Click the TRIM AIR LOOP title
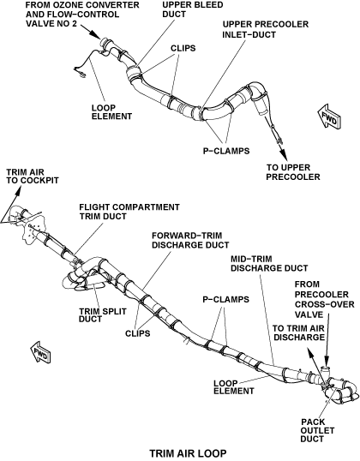pos(189,453)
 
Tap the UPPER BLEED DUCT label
pos(193,9)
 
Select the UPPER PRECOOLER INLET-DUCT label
pos(266,29)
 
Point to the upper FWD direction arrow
pos(329,116)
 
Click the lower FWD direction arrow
pos(41,352)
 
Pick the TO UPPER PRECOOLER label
pos(293,172)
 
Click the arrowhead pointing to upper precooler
pos(282,153)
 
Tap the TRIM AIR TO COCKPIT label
pos(33,177)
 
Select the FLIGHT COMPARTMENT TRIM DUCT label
pos(129,212)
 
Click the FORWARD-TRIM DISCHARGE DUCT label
pos(190,240)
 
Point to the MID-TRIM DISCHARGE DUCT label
pos(269,264)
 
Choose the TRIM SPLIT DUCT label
pos(103,314)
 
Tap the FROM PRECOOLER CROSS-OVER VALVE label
pos(324,300)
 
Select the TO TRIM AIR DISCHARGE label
pos(298,332)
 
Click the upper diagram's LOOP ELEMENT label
pos(111,112)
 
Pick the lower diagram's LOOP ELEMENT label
pos(234,387)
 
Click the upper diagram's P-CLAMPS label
pos(226,151)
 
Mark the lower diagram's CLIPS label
pos(138,333)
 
